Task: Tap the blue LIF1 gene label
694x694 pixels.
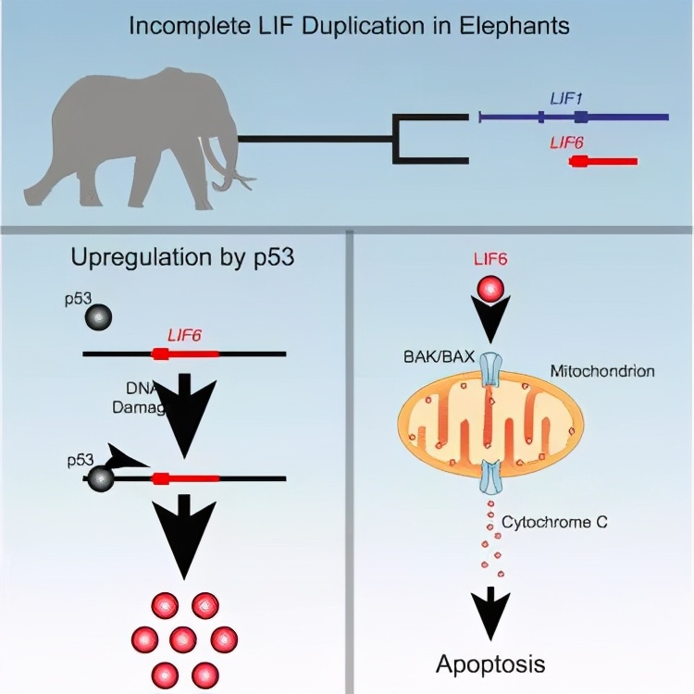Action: click(x=564, y=96)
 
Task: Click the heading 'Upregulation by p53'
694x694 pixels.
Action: click(x=182, y=256)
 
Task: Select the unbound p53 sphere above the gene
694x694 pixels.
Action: click(x=97, y=317)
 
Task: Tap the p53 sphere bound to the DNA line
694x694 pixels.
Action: click(x=99, y=477)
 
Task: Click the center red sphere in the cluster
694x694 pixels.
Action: click(x=182, y=638)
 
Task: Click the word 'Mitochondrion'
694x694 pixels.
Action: click(x=602, y=371)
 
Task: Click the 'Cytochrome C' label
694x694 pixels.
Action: click(x=554, y=523)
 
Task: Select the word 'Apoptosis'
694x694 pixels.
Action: click(x=490, y=663)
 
